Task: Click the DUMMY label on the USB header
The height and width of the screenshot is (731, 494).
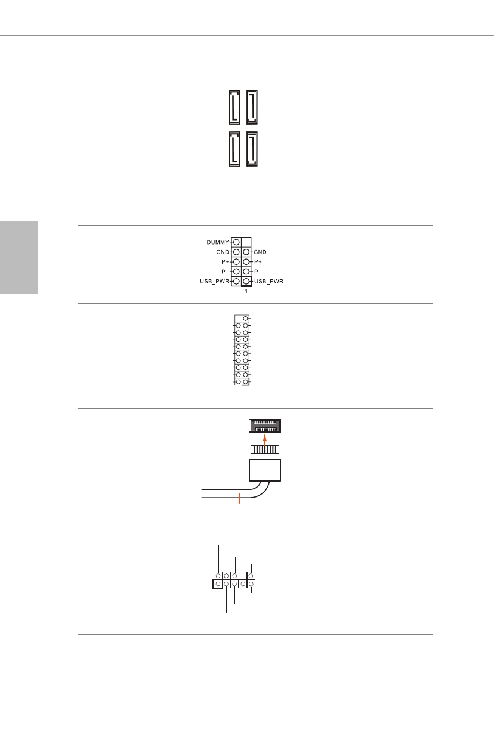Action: click(x=218, y=242)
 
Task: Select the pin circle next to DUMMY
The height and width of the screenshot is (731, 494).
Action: click(x=237, y=242)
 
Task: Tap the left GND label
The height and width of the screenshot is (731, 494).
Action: click(x=223, y=252)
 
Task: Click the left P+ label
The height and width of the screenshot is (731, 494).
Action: click(x=225, y=262)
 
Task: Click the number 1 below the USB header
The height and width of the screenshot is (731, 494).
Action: click(x=246, y=292)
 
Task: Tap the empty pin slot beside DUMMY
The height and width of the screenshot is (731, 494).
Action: click(x=246, y=242)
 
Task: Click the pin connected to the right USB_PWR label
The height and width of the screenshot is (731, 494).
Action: click(x=246, y=281)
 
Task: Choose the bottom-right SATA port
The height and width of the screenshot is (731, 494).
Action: click(x=252, y=149)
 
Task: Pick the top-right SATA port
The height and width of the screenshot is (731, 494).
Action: click(x=252, y=105)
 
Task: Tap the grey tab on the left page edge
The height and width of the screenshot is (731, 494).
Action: click(x=18, y=257)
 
